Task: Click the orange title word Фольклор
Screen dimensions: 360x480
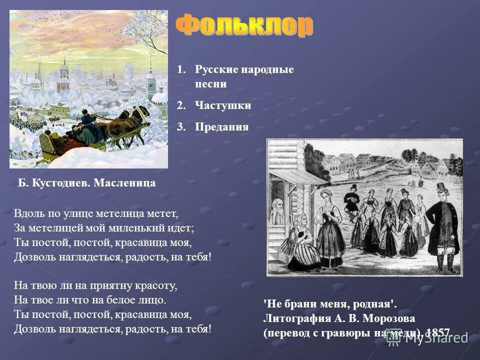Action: (244, 26)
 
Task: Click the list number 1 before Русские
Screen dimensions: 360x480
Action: (180, 69)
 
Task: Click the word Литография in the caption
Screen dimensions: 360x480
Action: (294, 318)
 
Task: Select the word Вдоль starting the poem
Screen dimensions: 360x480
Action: (27, 213)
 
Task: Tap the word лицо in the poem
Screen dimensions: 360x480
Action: (154, 300)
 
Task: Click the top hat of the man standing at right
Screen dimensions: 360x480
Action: (441, 187)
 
